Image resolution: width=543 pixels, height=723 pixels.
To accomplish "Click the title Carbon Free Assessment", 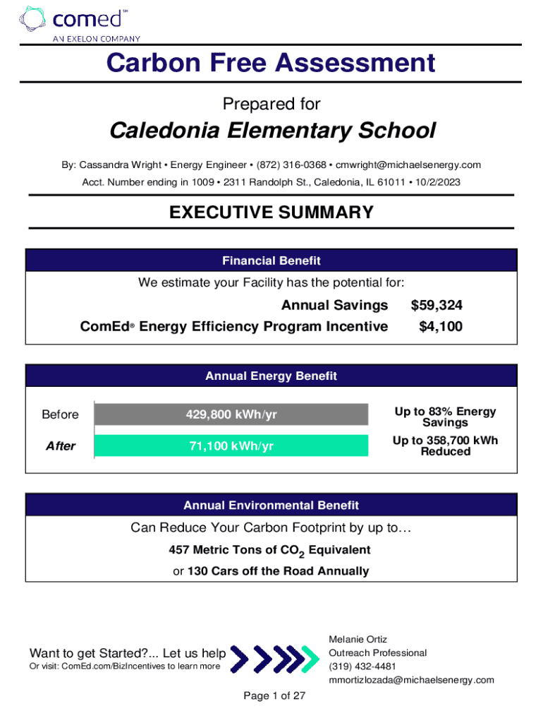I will coord(271,64).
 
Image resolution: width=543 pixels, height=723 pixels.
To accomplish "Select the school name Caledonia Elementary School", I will coord(271,131).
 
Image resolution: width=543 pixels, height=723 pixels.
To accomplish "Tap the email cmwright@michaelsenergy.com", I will coord(408,165).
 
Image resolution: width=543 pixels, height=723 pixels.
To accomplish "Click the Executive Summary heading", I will coord(271,212).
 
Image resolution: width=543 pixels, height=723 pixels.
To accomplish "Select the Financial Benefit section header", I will coord(271,261).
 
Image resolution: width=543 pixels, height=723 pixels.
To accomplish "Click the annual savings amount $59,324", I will coord(436,305).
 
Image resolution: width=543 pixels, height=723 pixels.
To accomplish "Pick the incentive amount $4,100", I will coord(441,326).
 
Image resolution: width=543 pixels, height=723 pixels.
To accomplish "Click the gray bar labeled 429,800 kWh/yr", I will coord(231,414).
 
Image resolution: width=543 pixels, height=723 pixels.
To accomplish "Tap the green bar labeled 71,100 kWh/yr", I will coord(231,446).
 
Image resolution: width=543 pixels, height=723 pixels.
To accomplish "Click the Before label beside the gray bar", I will coord(60,414).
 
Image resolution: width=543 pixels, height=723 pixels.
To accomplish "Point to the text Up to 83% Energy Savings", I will coord(445,417).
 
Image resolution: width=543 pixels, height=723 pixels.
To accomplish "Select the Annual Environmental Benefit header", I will coord(271,506).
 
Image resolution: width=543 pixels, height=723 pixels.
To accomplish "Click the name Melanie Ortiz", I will coord(358,639).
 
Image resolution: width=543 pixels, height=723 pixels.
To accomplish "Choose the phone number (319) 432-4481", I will coord(362,667).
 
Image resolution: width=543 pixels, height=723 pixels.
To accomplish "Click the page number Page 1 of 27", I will coord(274,696).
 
